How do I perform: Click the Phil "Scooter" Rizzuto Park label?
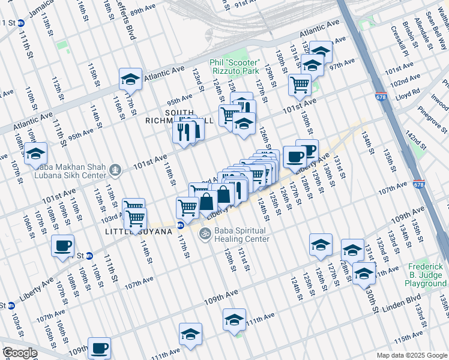point(234,68)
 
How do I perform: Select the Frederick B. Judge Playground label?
point(427,275)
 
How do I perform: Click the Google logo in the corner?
point(19,353)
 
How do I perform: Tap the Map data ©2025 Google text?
point(411,355)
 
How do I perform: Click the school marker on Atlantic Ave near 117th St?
point(130,79)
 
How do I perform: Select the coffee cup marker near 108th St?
point(63,245)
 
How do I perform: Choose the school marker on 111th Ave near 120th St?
point(234,319)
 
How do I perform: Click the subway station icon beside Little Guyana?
point(180,226)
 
